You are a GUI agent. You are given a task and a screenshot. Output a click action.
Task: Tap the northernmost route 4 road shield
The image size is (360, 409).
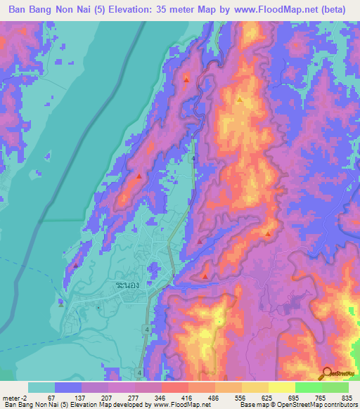[x=193, y=158]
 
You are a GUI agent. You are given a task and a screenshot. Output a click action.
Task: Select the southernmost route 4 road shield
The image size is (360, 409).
[x=140, y=372]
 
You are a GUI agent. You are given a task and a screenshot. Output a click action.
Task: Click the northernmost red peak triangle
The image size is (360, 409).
[x=186, y=79]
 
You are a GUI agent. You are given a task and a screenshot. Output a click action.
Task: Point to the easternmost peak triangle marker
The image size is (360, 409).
[x=268, y=233]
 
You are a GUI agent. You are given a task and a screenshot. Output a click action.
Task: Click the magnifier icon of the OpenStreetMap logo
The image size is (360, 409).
[x=328, y=372]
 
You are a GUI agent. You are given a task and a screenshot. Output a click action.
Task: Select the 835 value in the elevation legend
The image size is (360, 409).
[x=345, y=398]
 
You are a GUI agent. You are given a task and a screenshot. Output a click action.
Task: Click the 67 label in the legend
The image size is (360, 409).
[x=51, y=398]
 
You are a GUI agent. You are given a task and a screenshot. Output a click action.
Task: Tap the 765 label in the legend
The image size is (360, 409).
[x=321, y=398]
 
